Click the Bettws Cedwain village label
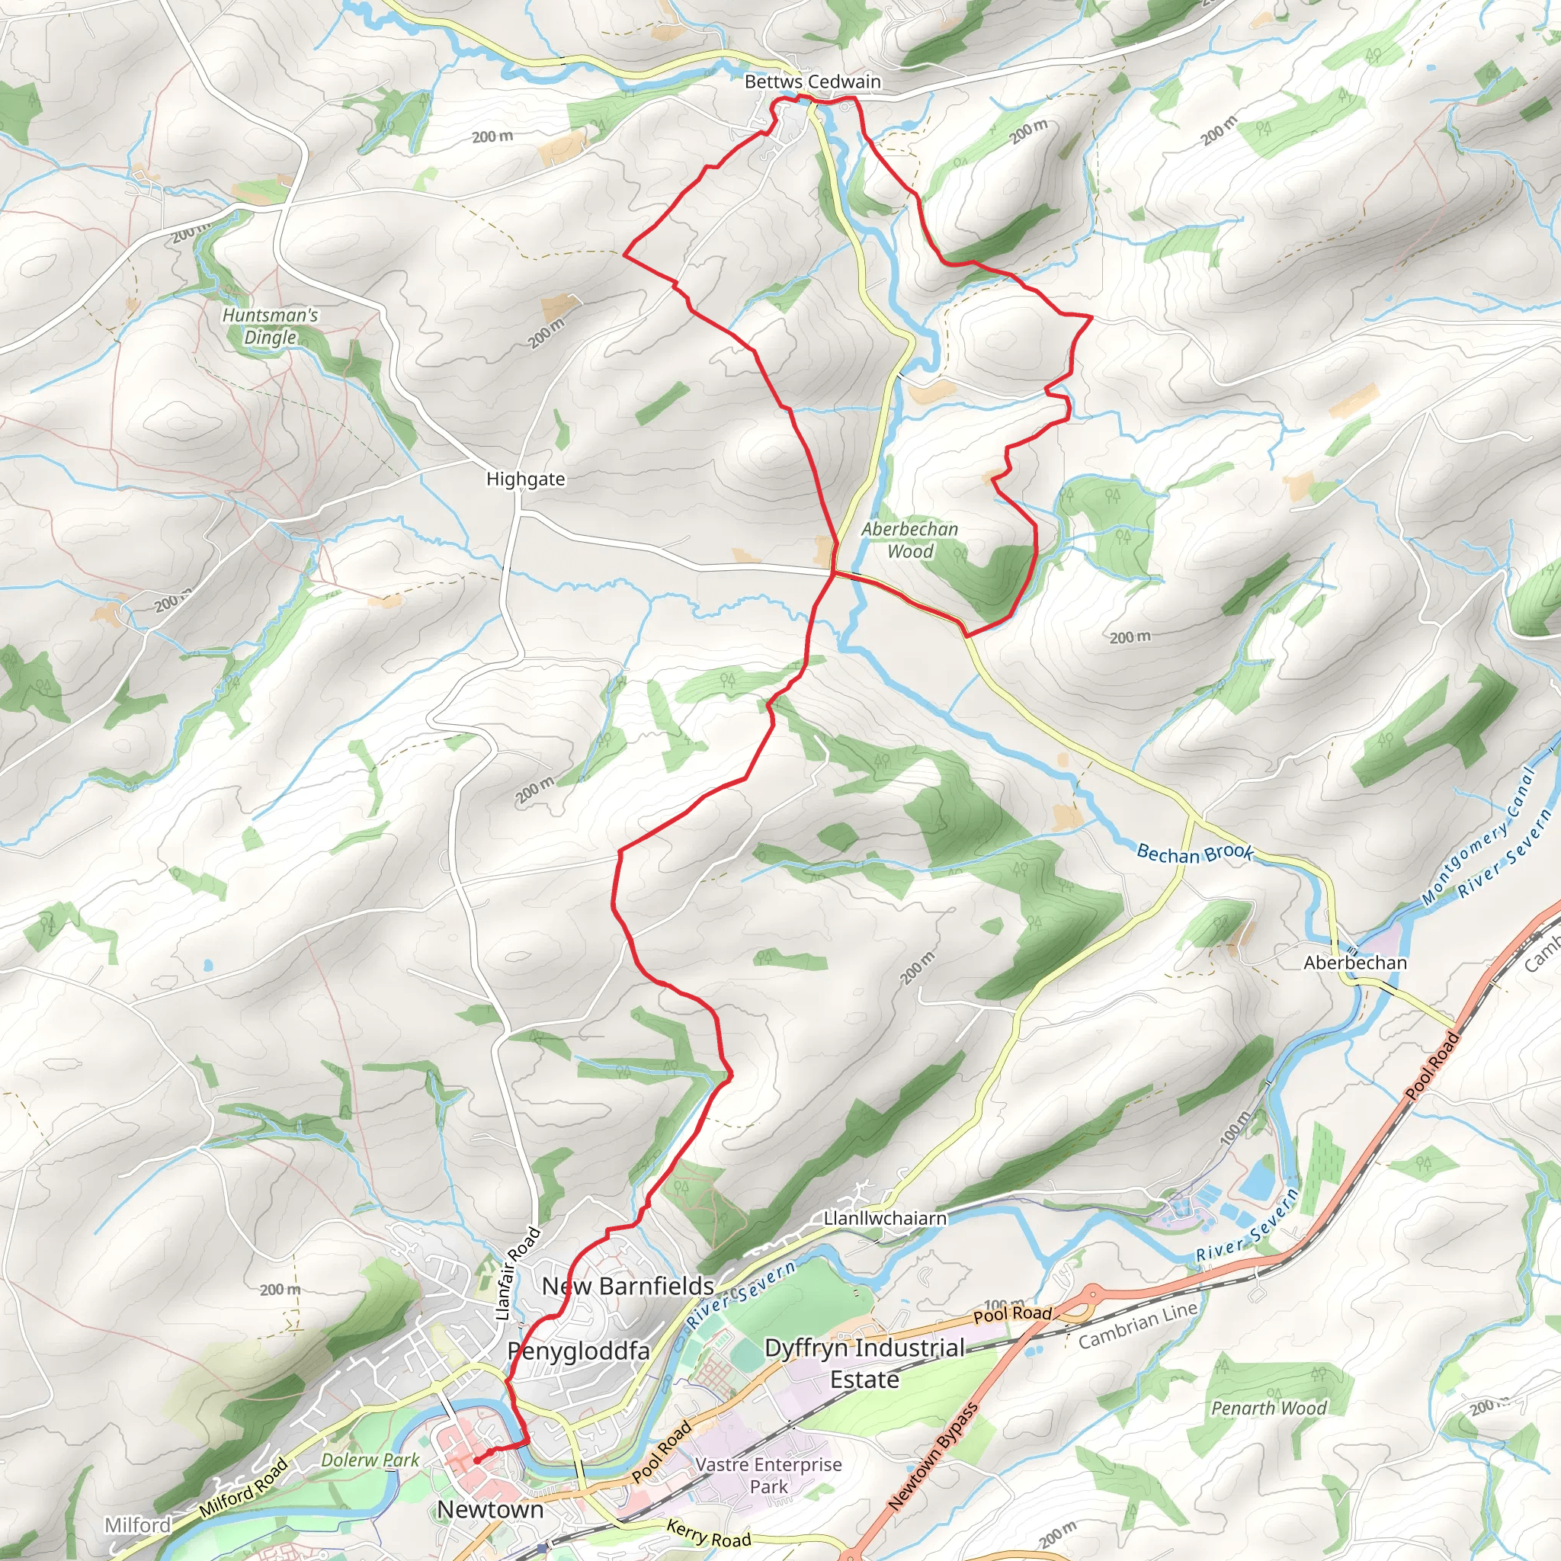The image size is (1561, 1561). tap(812, 82)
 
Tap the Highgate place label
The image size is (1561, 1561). tap(525, 479)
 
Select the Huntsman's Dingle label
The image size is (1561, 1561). tap(270, 326)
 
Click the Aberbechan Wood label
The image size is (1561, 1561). tap(910, 540)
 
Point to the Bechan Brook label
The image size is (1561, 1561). tap(1194, 853)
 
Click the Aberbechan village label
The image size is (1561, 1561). tap(1355, 963)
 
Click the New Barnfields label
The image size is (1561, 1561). tap(628, 1286)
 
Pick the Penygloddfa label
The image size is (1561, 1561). tap(579, 1351)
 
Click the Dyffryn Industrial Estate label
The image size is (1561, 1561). tap(864, 1363)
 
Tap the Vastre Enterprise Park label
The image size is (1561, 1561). tap(768, 1476)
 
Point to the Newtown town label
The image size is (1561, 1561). tap(489, 1509)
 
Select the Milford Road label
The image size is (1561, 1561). tap(243, 1488)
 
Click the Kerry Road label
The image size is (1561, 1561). tap(709, 1534)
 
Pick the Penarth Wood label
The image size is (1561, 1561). tap(1268, 1409)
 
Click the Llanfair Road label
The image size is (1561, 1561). tap(517, 1274)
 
